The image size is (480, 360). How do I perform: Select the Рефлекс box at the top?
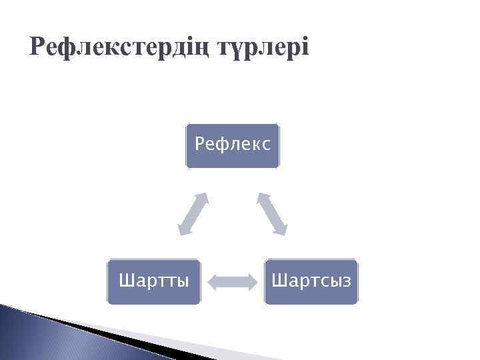[233, 145]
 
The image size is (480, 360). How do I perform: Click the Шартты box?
[153, 281]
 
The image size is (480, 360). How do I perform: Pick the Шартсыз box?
[311, 281]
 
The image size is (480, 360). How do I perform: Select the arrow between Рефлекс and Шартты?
[193, 213]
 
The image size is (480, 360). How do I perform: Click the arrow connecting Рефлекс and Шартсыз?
[272, 213]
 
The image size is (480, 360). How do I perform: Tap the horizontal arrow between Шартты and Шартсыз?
[232, 281]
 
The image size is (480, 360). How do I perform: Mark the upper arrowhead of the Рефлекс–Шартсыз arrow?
[261, 198]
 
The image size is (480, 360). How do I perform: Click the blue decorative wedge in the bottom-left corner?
[40, 333]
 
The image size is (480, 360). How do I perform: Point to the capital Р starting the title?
[39, 47]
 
